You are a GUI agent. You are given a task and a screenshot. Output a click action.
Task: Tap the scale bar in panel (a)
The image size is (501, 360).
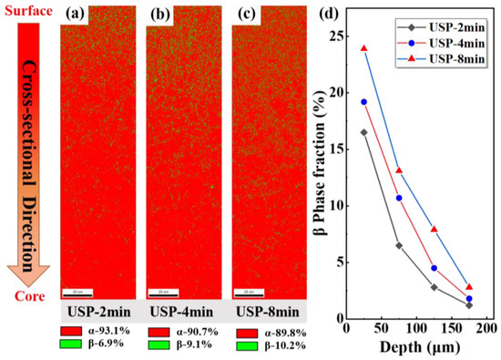(x=75, y=293)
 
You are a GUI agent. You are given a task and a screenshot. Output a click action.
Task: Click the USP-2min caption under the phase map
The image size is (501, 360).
(x=100, y=309)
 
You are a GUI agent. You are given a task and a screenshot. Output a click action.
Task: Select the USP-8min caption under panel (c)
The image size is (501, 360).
(x=271, y=309)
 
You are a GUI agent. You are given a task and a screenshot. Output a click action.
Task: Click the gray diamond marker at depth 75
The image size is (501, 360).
(x=399, y=245)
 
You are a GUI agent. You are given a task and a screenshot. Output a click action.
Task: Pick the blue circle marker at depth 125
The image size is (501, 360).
(x=434, y=268)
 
